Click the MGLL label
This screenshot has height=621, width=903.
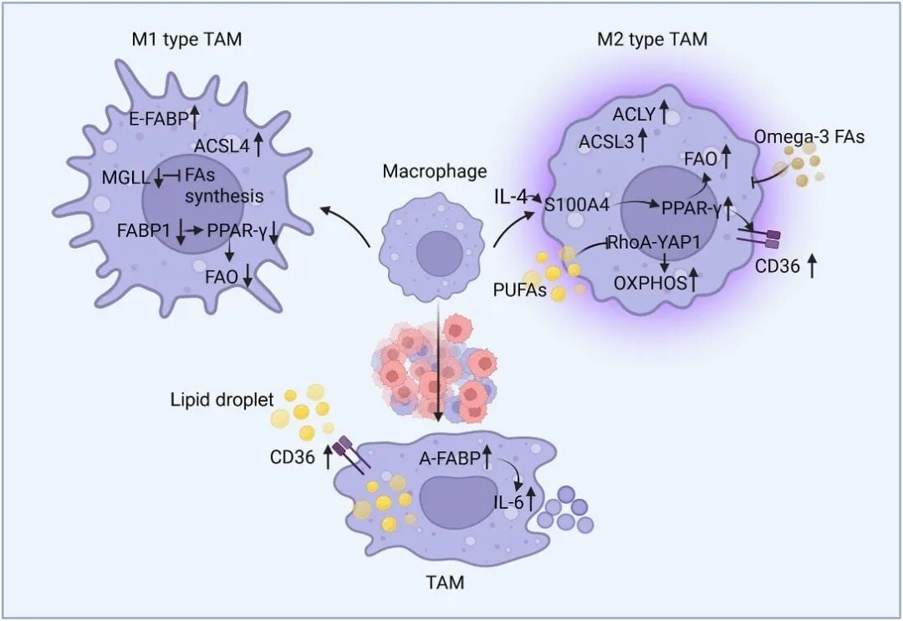coord(125,177)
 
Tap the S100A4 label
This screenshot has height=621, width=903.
coord(577,205)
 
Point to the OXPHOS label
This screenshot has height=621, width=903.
coord(650,283)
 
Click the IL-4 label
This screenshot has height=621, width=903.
coord(509,198)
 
